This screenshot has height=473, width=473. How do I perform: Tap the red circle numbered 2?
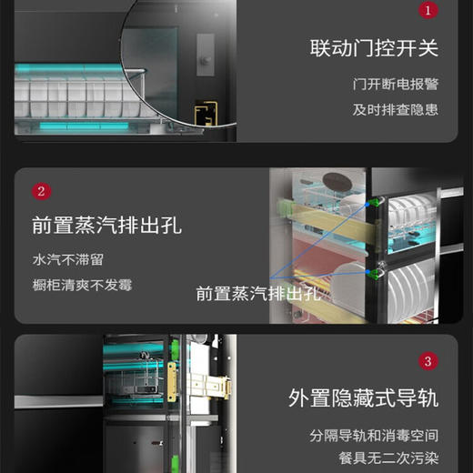coord(42,191)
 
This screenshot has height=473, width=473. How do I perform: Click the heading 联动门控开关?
coord(374,47)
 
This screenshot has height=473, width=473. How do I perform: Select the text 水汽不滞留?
coord(69,259)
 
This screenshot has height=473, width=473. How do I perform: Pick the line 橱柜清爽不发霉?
coord(82,285)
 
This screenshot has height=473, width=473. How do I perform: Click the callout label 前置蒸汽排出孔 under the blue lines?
coord(258,293)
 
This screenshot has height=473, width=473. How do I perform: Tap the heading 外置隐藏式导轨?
coord(363,398)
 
